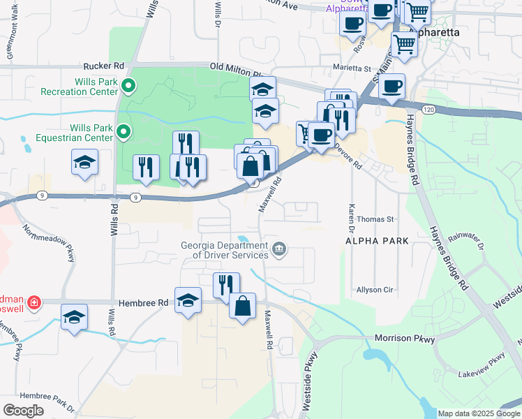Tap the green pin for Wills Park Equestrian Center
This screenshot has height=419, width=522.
124,131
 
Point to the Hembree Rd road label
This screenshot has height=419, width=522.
144,303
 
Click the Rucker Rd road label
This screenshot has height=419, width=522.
103,66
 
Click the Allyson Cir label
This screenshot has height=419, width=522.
375,289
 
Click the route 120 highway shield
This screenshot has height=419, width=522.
428,110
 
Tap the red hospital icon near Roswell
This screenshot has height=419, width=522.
33,303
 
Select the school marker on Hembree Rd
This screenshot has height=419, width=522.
188,300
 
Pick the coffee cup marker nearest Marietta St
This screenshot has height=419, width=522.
391,86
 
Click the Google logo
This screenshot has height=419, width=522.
23,411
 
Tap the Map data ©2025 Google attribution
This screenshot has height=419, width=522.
478,413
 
